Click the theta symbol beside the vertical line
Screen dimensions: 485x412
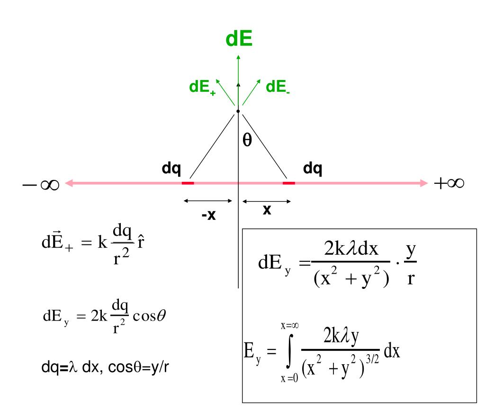[247, 140]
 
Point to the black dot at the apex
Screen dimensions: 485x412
[238, 111]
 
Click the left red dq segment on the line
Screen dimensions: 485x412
[188, 183]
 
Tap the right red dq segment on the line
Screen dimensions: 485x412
[288, 183]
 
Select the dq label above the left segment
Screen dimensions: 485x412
[171, 168]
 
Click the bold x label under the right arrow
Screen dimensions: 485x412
[267, 210]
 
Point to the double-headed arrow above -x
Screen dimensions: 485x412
[208, 201]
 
